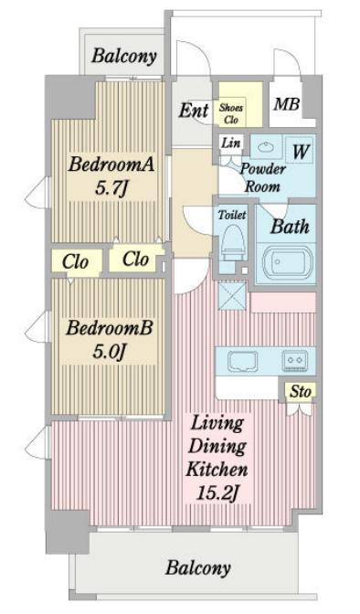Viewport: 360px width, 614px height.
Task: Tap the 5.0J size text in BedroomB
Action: (x=102, y=351)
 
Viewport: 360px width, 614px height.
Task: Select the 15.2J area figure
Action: (x=218, y=494)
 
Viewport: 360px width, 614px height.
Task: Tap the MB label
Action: (x=287, y=103)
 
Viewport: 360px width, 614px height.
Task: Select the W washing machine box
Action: (x=298, y=150)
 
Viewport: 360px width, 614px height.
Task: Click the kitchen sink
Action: (x=242, y=361)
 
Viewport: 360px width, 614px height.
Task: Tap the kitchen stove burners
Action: (x=295, y=361)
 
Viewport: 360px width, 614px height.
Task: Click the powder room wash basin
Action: (x=266, y=147)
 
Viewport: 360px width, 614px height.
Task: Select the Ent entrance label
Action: (x=193, y=111)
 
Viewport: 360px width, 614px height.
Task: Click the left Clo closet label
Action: (x=75, y=262)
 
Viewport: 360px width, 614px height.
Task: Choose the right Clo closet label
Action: (x=135, y=259)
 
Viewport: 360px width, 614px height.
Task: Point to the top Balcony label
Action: (x=124, y=57)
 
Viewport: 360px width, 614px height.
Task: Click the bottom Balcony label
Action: (x=197, y=567)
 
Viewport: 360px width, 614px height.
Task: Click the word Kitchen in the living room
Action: (x=218, y=471)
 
